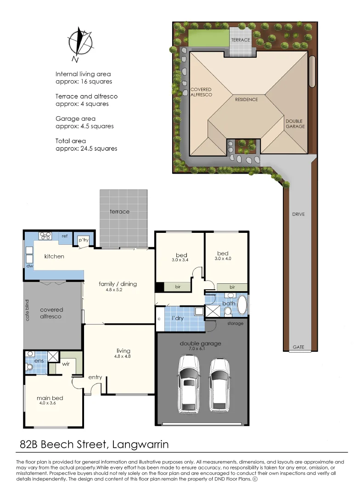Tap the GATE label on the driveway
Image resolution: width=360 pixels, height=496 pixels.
click(x=298, y=347)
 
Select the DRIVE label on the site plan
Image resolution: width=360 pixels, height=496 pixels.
click(x=298, y=214)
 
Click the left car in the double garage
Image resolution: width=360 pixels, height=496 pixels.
click(x=188, y=383)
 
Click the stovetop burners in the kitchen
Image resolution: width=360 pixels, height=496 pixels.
click(x=45, y=236)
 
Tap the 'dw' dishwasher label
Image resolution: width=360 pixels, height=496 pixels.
click(x=30, y=266)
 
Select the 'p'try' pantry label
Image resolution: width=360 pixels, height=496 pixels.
click(x=83, y=240)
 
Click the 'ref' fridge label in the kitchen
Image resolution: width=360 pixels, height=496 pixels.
click(x=65, y=236)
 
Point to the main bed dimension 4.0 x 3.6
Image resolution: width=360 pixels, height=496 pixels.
click(x=51, y=404)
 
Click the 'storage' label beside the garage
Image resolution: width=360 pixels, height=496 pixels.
click(x=235, y=323)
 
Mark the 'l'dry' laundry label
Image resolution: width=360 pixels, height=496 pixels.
click(x=178, y=318)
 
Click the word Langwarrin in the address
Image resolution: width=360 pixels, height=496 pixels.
click(x=142, y=444)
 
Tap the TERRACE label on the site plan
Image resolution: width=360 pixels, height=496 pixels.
click(x=240, y=40)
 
